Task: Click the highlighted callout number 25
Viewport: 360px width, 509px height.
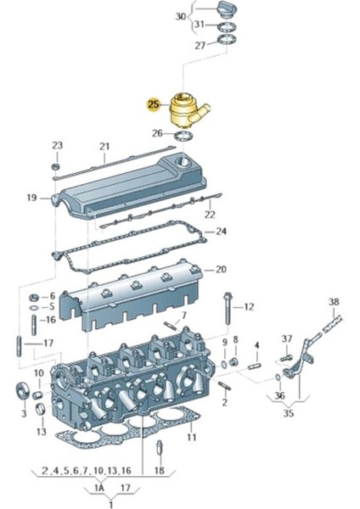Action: click(x=153, y=105)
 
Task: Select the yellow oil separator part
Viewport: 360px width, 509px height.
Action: click(x=185, y=110)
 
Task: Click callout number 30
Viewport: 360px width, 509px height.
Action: click(x=180, y=17)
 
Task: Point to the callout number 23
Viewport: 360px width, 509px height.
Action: click(x=57, y=145)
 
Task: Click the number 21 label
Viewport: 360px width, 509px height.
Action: click(x=104, y=146)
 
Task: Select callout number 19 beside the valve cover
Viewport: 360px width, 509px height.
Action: click(x=31, y=198)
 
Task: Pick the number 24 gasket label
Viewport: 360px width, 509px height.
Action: click(x=221, y=231)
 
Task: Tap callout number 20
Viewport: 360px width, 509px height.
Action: click(x=221, y=270)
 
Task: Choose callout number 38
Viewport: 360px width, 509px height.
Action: click(x=334, y=302)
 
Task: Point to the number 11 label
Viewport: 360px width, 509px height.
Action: click(x=192, y=437)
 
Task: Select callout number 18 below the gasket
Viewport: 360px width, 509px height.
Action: click(x=159, y=470)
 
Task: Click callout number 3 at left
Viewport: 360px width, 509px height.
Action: click(x=23, y=412)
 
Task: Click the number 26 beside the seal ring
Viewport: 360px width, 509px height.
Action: click(x=157, y=133)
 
